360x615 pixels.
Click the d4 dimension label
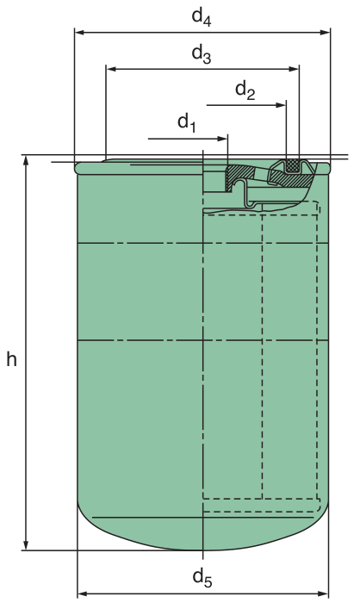[202, 17]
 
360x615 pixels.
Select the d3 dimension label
[202, 54]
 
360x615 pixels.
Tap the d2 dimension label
[245, 90]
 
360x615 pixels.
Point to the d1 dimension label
[187, 123]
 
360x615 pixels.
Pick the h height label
[11, 358]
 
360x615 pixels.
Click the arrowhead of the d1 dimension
[223, 139]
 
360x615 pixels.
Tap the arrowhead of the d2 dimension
[281, 105]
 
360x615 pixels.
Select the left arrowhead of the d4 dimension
[79, 32]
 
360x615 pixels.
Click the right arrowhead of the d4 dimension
[325, 32]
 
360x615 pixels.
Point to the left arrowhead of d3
[111, 69]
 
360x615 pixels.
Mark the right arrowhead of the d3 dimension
[294, 69]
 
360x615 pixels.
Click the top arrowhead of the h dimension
[27, 161]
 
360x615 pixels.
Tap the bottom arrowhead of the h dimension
[27, 544]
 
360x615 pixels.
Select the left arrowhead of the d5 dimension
[83, 593]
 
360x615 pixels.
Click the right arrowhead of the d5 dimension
[323, 593]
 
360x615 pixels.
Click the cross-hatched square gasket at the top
[292, 165]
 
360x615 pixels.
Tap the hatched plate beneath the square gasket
[290, 179]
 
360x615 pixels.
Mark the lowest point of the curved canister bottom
[202, 550]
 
